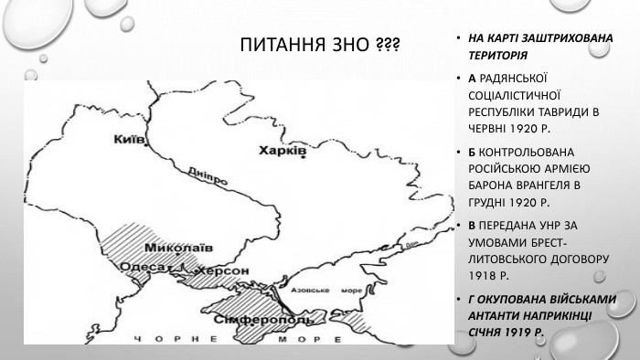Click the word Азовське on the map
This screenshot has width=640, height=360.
(307, 288)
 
